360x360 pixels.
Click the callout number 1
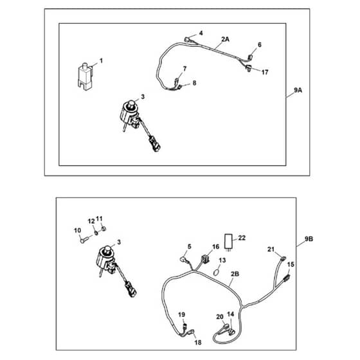[x=101, y=61]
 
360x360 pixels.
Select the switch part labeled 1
[x=85, y=76]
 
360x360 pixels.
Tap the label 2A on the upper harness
[x=225, y=39]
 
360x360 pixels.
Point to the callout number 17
[x=265, y=72]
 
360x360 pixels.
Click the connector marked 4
[x=186, y=39]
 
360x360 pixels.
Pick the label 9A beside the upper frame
[x=298, y=90]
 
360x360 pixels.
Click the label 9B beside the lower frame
[x=309, y=239]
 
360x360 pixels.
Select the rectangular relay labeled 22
[x=229, y=241]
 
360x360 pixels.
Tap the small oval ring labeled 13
[x=216, y=273]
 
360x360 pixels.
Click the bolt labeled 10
[x=84, y=240]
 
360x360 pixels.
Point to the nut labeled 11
[x=104, y=229]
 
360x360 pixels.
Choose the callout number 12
[x=91, y=221]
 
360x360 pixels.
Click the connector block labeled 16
[x=205, y=259]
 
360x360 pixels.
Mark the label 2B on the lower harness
[x=235, y=274]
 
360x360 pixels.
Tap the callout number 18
[x=198, y=343]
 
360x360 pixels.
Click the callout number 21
[x=271, y=249]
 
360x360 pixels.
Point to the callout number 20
[x=220, y=316]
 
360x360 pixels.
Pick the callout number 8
[x=194, y=83]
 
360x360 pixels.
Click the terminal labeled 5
[x=183, y=260]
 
